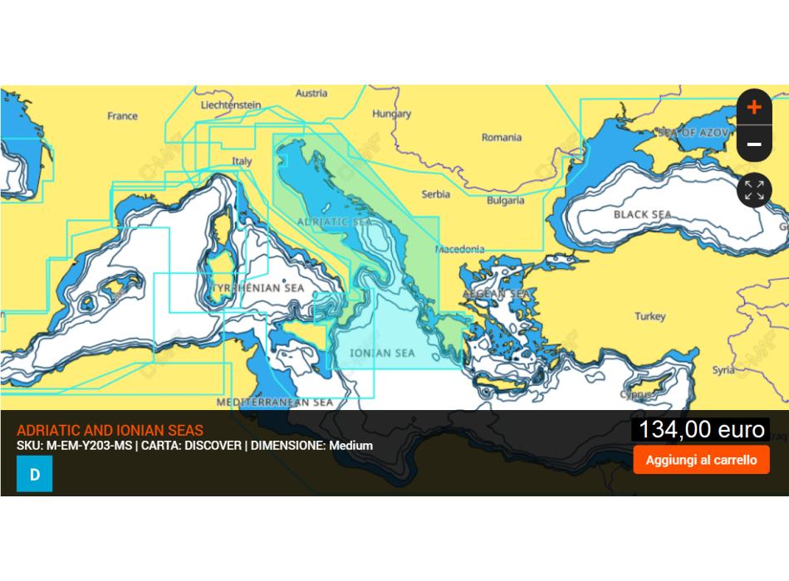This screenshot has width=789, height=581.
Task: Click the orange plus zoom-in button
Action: click(x=754, y=107)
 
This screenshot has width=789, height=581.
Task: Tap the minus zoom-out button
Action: click(x=754, y=144)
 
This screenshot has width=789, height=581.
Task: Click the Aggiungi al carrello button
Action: click(x=701, y=460)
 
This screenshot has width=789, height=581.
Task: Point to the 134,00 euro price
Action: click(x=701, y=429)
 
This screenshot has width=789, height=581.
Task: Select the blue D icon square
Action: click(x=34, y=474)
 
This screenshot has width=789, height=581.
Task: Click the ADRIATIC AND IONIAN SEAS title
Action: click(x=110, y=431)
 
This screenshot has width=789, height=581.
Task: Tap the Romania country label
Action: click(x=502, y=138)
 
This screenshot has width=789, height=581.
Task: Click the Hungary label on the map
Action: click(x=392, y=114)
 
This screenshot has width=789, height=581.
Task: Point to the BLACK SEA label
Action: click(x=642, y=215)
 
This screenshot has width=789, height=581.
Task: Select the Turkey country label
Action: click(x=650, y=316)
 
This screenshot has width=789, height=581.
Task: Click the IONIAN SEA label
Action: click(x=382, y=354)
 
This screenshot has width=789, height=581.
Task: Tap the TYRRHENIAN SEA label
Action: click(x=259, y=288)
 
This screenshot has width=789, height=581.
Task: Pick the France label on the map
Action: click(x=122, y=116)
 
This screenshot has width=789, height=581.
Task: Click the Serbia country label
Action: click(x=436, y=194)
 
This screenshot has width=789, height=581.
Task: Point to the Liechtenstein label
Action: click(x=231, y=105)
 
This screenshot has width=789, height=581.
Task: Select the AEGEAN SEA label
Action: click(x=496, y=294)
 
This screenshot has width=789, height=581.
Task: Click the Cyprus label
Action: click(x=635, y=395)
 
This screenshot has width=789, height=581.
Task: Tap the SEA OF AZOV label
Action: click(x=693, y=133)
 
